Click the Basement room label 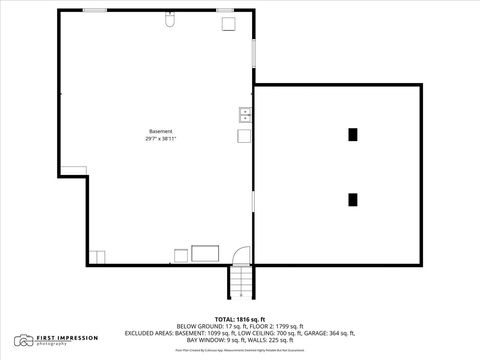[160, 132]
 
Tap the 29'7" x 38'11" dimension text [160, 139]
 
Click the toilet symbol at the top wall [171, 20]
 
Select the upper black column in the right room [353, 134]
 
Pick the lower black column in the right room [353, 199]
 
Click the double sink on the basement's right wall [245, 114]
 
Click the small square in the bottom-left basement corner [97, 256]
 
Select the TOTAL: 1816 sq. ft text [241, 318]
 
